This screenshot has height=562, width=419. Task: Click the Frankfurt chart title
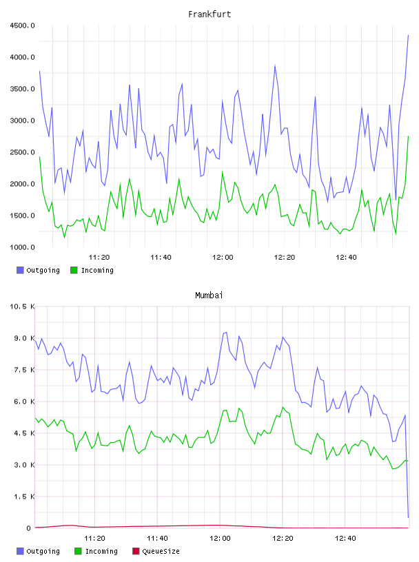tap(209, 14)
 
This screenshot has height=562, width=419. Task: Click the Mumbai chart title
tap(209, 295)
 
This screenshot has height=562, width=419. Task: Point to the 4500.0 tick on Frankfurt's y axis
tap(22, 25)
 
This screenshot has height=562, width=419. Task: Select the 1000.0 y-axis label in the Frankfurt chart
tap(22, 247)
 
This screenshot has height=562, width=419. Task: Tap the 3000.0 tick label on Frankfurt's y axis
tap(22, 121)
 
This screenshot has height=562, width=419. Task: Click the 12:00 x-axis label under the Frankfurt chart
tap(223, 258)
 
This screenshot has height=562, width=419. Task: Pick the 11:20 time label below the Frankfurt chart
tap(99, 258)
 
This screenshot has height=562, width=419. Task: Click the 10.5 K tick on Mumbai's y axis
tap(22, 306)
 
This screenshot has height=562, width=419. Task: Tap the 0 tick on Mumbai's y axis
tap(29, 528)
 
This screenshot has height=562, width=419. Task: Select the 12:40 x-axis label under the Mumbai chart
tap(345, 539)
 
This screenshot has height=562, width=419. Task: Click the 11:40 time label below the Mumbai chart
tap(158, 539)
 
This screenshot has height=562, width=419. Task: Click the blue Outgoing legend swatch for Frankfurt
tap(20, 270)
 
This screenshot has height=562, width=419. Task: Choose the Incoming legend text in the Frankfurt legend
tap(97, 270)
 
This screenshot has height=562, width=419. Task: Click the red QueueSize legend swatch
tap(136, 551)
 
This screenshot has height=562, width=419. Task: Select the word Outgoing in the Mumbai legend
tap(43, 551)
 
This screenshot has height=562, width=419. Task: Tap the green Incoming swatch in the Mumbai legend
tap(78, 551)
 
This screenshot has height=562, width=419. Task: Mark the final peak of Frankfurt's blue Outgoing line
tap(408, 35)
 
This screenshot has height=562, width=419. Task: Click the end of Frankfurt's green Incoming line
tap(408, 136)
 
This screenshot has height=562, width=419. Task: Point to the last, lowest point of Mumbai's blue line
tap(408, 517)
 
